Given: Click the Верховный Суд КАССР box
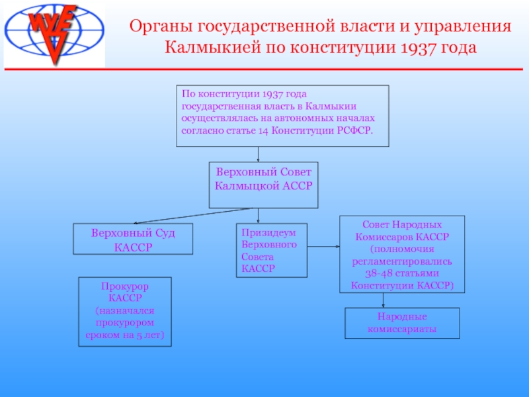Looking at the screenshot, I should (x=133, y=240).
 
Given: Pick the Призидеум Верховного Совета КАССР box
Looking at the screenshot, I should (x=271, y=250).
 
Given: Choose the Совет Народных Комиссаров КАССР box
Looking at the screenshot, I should (x=402, y=255).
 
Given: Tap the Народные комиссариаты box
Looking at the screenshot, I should (x=402, y=323).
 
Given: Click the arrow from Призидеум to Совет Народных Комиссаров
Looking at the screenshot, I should (x=323, y=247).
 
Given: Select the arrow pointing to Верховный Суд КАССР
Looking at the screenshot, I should (x=192, y=215).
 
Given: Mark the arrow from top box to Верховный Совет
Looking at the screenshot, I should (x=258, y=154).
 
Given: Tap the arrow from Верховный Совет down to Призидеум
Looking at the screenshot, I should (x=258, y=216).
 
